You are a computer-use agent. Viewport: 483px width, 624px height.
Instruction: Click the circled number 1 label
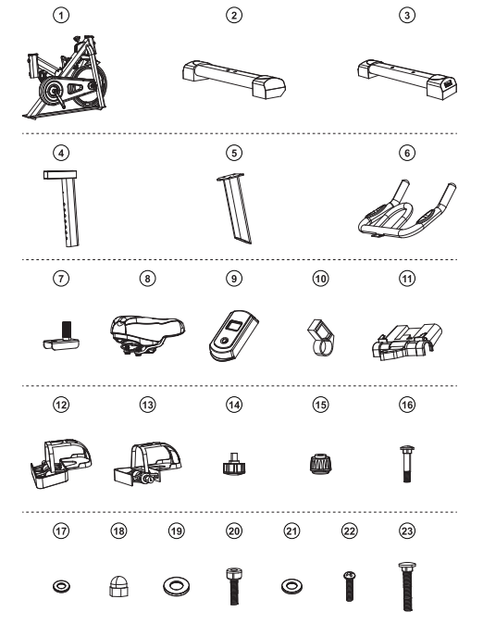pos(61,16)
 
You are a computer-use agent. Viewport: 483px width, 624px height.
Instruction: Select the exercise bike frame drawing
pos(65,78)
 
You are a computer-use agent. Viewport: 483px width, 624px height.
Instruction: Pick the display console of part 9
pos(233,336)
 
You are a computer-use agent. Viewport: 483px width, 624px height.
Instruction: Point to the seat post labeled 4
pos(65,208)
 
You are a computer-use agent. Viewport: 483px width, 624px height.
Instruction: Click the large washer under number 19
pos(176,587)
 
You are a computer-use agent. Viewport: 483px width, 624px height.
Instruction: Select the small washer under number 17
pos(61,586)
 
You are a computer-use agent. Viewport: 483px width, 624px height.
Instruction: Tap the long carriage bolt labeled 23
pos(407,587)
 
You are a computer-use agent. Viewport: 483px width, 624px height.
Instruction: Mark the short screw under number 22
pos(350,586)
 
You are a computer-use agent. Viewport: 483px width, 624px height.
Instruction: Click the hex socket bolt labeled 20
pos(234,586)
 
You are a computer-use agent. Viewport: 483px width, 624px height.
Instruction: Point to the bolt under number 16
pos(406,464)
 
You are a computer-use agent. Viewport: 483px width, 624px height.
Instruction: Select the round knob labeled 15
pos(320,464)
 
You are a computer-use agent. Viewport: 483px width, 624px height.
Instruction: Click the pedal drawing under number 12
pos(61,464)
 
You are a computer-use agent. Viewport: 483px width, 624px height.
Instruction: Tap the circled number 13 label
pos(148,405)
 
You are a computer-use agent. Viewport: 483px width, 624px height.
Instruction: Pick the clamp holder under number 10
pos(320,337)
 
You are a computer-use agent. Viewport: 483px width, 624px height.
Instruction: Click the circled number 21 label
pos(291,530)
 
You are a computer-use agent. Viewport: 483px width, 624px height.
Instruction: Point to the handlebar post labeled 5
pos(235,208)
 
